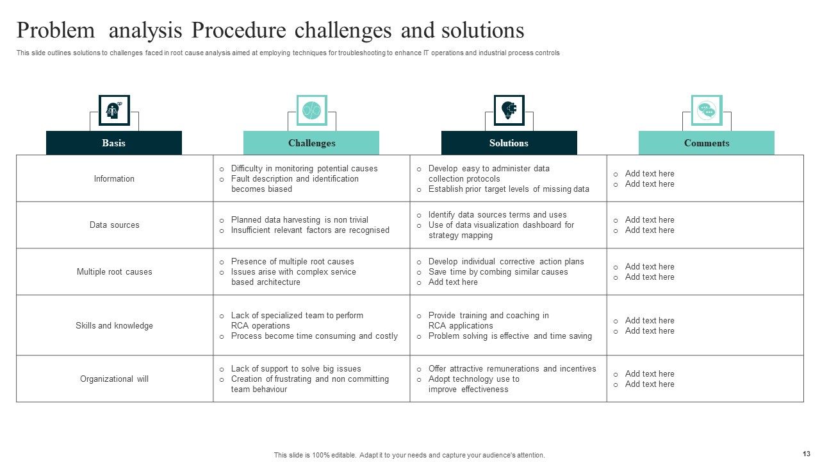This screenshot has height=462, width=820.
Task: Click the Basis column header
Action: point(113,143)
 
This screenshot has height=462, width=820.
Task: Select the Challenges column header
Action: point(311,143)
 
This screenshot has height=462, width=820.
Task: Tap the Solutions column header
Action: point(509,143)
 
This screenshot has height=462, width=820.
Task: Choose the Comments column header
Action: point(707,143)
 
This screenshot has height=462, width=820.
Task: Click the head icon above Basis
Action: point(114,110)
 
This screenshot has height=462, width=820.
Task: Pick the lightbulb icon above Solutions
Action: point(509,110)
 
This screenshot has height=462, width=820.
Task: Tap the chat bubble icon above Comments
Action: point(707,110)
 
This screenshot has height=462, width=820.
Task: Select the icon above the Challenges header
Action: point(311,110)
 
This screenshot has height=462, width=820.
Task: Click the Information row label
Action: point(114,179)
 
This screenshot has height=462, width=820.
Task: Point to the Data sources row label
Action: point(114,225)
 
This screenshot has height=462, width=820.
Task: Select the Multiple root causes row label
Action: point(114,272)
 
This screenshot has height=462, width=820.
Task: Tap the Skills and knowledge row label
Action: point(114,326)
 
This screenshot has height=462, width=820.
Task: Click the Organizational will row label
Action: point(114,379)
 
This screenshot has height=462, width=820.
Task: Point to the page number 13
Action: point(806,453)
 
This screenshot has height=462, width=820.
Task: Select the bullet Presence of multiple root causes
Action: point(292,262)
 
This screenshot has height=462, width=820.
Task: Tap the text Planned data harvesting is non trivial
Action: point(299,220)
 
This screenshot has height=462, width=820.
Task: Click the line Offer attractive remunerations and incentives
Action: point(512,369)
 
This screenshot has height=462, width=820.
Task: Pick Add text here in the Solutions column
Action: point(453,282)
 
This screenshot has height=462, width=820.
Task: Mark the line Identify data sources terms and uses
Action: point(497,215)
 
